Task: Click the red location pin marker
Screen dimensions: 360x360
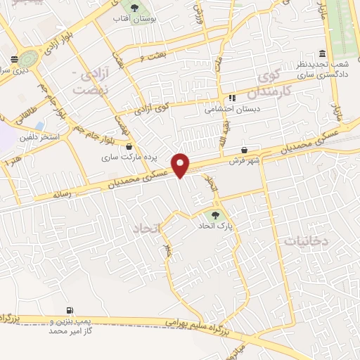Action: [181, 166]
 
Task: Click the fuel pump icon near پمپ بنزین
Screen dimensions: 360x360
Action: [70, 310]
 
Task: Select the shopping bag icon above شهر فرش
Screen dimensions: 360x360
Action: [244, 150]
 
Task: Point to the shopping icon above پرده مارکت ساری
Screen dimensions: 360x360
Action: [129, 147]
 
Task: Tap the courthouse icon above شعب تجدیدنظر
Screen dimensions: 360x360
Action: [322, 54]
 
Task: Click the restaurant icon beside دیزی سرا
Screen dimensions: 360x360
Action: [14, 59]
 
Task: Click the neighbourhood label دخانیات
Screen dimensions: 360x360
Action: [307, 240]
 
